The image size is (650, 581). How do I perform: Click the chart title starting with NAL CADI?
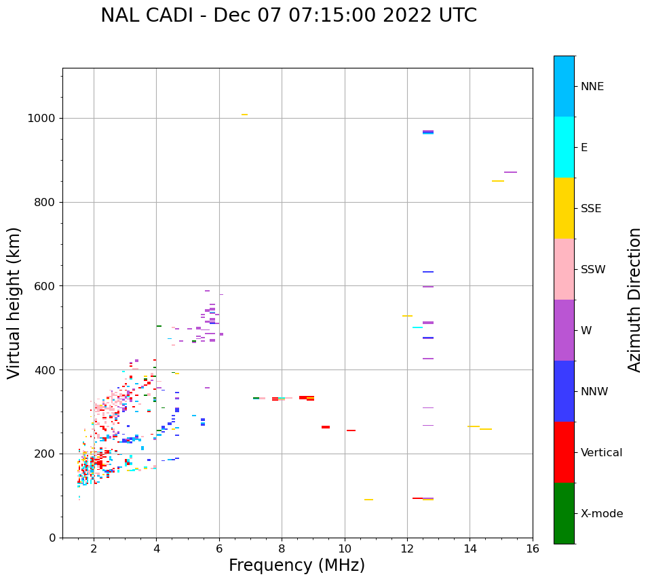[x=288, y=16]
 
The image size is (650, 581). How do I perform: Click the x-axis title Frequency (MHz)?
[x=297, y=565]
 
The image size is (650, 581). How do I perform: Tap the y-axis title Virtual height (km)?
[x=14, y=302]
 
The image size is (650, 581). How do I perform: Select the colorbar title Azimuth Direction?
[x=634, y=300]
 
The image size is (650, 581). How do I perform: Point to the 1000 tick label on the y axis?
[x=42, y=118]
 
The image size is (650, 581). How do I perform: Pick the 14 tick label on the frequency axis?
[x=470, y=548]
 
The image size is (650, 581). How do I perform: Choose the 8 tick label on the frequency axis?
[x=282, y=548]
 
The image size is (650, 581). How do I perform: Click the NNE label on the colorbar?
[x=592, y=87]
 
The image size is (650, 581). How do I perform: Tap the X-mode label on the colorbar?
[x=601, y=514]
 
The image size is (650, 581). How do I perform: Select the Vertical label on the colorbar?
[x=601, y=453]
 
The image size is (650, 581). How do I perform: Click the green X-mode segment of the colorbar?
[x=564, y=513]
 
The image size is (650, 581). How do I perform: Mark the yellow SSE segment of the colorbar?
[x=564, y=208]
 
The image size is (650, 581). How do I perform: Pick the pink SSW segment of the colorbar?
[x=564, y=269]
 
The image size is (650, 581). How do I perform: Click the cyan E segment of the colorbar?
[x=564, y=147]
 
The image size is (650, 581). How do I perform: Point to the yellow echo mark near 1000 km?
[x=244, y=115]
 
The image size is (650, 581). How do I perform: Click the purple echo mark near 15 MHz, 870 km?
[x=510, y=172]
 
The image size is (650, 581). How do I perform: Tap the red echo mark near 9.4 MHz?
[x=326, y=427]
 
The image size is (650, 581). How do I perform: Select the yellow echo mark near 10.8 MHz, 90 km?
[x=368, y=500]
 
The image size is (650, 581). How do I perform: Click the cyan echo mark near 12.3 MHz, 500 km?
[x=418, y=327]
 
